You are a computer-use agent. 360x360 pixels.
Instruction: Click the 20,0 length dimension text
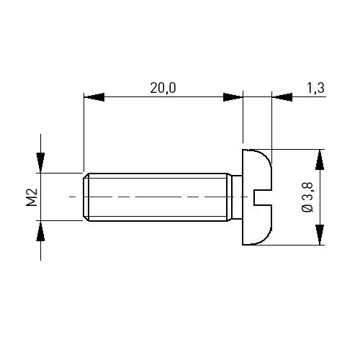(x=163, y=88)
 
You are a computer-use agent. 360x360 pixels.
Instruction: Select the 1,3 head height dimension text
(x=315, y=88)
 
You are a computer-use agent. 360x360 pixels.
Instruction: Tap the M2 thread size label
(x=32, y=197)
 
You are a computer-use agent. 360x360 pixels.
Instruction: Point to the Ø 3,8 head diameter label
(x=307, y=197)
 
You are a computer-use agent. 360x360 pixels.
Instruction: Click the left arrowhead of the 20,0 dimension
(x=94, y=97)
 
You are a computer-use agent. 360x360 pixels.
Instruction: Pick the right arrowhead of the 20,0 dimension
(x=233, y=97)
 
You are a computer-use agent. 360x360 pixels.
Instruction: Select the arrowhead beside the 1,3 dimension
(x=282, y=97)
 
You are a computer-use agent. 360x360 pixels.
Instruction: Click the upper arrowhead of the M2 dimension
(x=40, y=163)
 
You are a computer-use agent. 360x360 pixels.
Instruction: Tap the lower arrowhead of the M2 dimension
(x=40, y=230)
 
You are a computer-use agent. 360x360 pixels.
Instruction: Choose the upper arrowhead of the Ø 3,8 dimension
(x=320, y=160)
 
